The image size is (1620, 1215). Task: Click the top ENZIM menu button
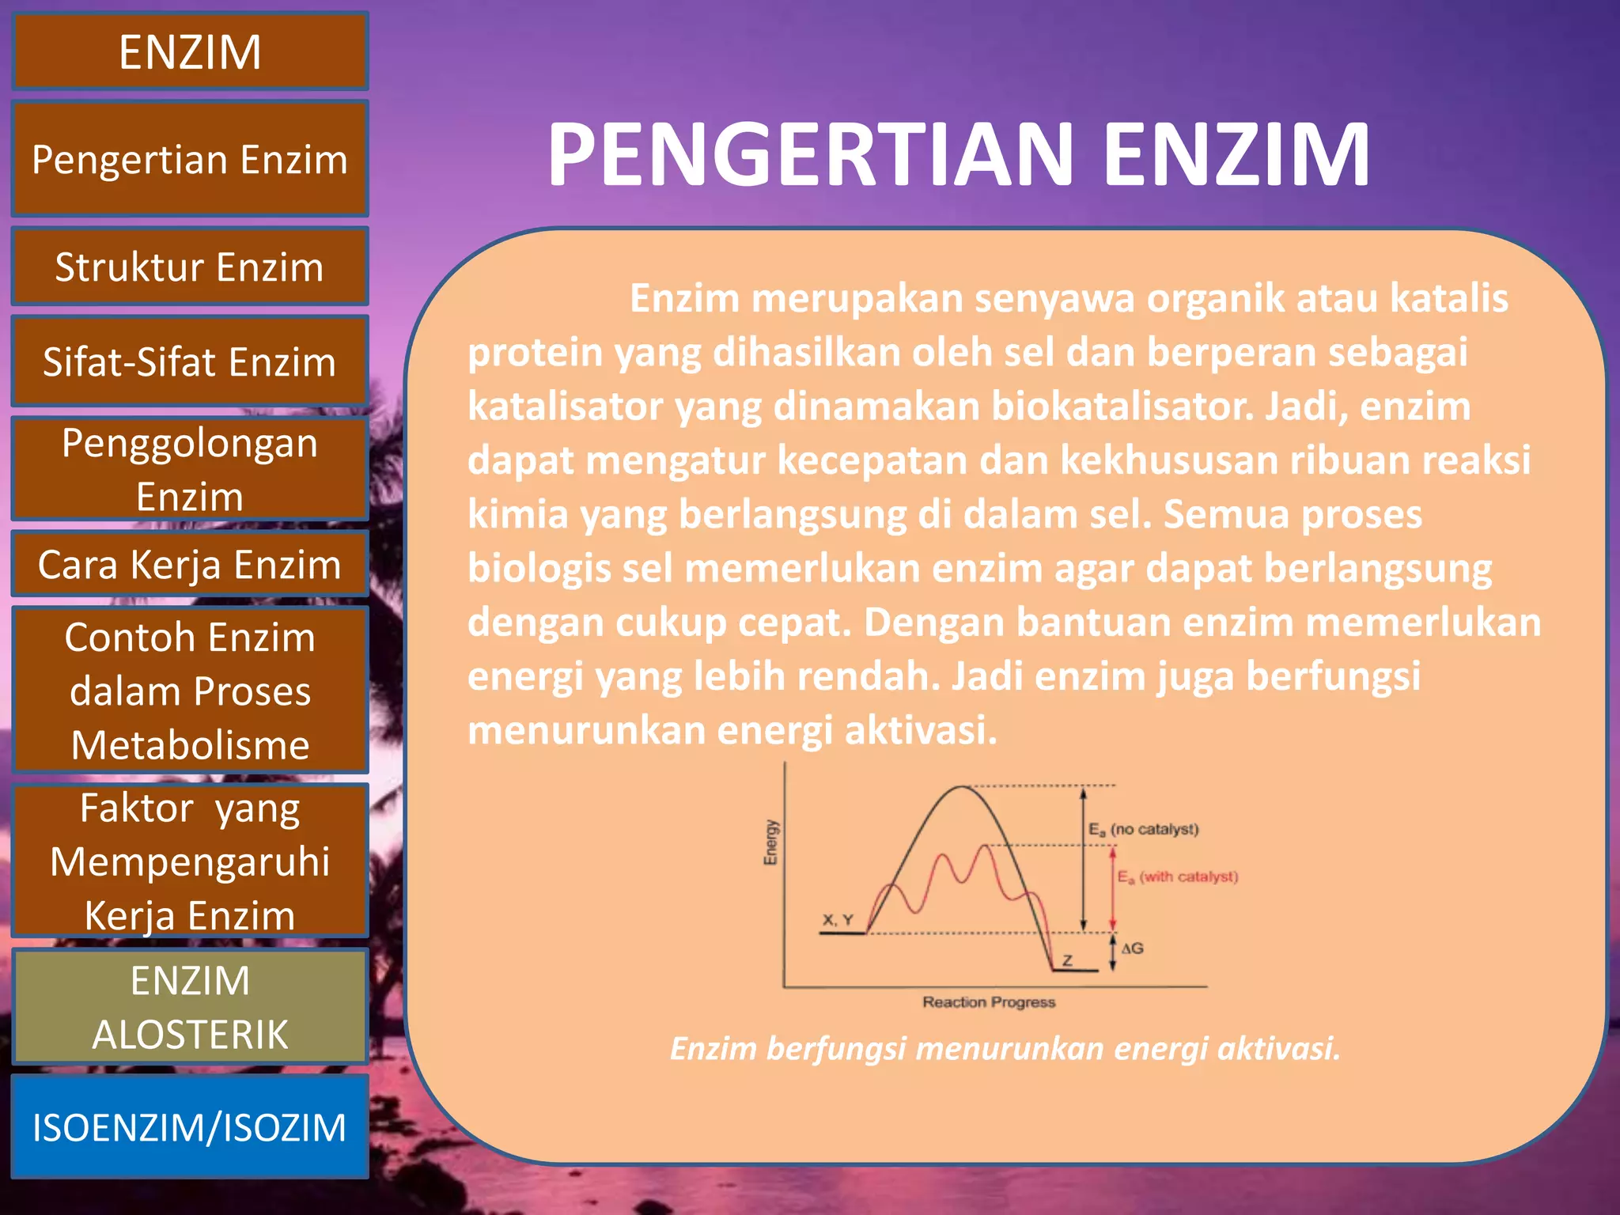(x=190, y=52)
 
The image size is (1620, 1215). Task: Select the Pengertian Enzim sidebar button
(x=190, y=159)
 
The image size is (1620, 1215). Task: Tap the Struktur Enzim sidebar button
(x=190, y=267)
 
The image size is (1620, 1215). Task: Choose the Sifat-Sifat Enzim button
(x=190, y=361)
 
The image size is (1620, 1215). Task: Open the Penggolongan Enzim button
(x=190, y=469)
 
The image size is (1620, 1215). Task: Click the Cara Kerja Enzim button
(x=190, y=564)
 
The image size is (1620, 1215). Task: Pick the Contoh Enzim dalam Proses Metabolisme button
(x=190, y=690)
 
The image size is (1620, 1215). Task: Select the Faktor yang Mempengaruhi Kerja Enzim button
(x=190, y=861)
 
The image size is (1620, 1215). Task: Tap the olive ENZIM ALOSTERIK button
(x=190, y=1007)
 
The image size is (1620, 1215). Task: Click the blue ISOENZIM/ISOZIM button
(x=190, y=1126)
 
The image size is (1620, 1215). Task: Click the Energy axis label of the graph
(x=770, y=842)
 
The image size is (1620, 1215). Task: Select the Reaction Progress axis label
(x=989, y=1002)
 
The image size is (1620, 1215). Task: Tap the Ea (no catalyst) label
(x=1143, y=829)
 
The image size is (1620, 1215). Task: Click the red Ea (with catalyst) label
(x=1177, y=876)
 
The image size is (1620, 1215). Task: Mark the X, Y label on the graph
(x=838, y=920)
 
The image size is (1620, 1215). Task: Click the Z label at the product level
(x=1067, y=960)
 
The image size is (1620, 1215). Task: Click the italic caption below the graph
(x=1005, y=1049)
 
